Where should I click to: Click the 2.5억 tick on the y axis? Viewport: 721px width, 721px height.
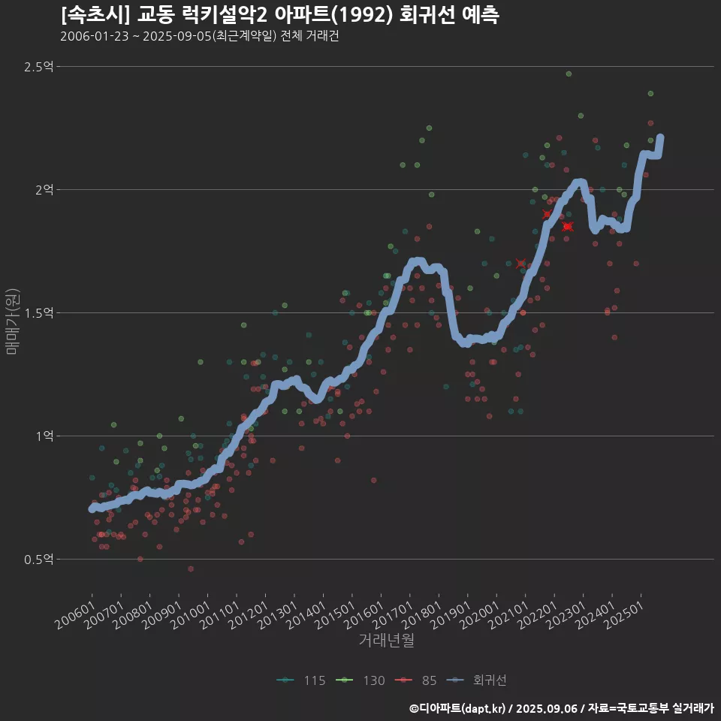(38, 67)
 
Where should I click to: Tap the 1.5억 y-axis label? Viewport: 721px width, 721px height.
(38, 313)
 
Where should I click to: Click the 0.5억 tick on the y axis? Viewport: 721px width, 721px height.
(38, 560)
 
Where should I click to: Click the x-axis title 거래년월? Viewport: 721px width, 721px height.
(387, 640)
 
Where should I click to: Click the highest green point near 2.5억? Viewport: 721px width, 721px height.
(569, 74)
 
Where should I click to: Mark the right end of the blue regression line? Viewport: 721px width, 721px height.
(660, 137)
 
